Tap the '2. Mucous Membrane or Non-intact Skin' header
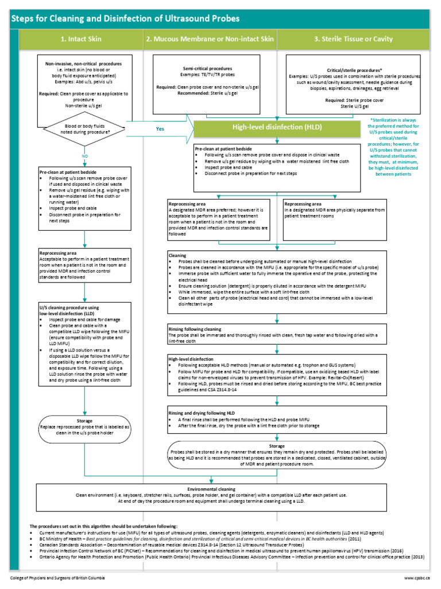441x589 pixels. (x=210, y=39)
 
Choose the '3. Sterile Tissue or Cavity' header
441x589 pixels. (x=353, y=39)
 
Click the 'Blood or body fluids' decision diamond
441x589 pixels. (x=85, y=128)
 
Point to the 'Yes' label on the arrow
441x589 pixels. (x=160, y=129)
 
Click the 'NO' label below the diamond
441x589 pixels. (x=85, y=156)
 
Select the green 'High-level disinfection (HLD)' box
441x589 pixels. (x=276, y=127)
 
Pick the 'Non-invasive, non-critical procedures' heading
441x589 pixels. (x=84, y=64)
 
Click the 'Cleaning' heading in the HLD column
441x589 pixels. (x=177, y=254)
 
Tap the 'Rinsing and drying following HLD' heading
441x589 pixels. (x=202, y=413)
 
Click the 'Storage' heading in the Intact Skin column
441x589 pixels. (x=84, y=421)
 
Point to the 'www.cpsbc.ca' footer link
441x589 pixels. (x=416, y=577)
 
